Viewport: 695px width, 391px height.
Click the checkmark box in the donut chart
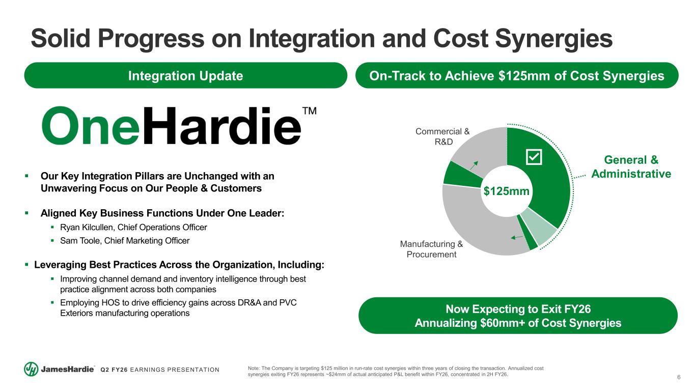pyautogui.click(x=534, y=157)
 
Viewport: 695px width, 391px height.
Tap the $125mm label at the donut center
pyautogui.click(x=506, y=191)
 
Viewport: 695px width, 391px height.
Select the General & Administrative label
pyautogui.click(x=631, y=167)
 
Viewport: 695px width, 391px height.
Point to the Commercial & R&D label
pyautogui.click(x=443, y=136)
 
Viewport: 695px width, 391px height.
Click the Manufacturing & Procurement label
pyautogui.click(x=431, y=249)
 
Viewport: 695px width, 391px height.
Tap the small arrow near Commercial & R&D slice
pyautogui.click(x=474, y=165)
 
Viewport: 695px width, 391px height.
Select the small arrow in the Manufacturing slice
pyautogui.click(x=517, y=237)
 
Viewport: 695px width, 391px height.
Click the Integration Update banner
pyautogui.click(x=185, y=75)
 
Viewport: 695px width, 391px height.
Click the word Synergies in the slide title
pyautogui.click(x=554, y=39)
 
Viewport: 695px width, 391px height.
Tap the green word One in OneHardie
pyautogui.click(x=91, y=126)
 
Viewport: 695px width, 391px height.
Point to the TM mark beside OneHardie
pyautogui.click(x=310, y=111)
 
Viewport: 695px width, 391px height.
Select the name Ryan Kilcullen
pyautogui.click(x=87, y=228)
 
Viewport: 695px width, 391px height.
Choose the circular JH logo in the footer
pyautogui.click(x=31, y=369)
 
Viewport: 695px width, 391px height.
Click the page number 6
pyautogui.click(x=679, y=377)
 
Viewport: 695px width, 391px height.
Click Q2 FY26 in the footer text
pyautogui.click(x=114, y=370)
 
